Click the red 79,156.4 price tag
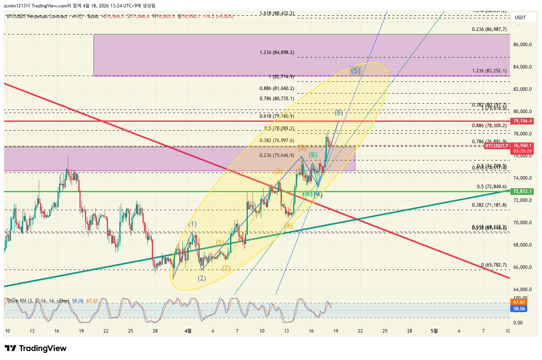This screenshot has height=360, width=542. coord(522,121)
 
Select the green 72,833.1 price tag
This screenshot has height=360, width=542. coord(522,191)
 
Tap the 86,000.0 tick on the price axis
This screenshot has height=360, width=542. coord(522,45)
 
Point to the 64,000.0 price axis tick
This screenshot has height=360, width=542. coord(522,290)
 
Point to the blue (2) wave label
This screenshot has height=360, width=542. coord(202,278)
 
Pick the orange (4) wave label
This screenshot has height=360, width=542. coord(288,226)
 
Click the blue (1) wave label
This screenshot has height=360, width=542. coord(192,224)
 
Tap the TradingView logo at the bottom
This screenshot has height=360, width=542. coord(36,348)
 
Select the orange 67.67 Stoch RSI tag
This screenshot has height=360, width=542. coord(519,302)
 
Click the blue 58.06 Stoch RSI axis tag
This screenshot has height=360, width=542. coord(519,309)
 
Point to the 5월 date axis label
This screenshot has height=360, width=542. coord(434,331)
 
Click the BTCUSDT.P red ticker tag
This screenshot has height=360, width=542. coord(497,146)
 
